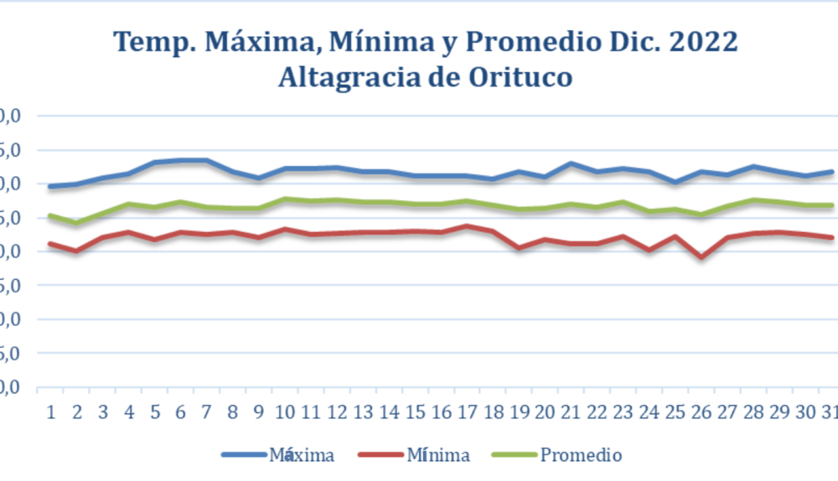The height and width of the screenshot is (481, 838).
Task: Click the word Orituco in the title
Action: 520,77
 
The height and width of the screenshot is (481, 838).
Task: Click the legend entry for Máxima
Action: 302,455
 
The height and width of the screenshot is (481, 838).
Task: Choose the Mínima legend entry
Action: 437,455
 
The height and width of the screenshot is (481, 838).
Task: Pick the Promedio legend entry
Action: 581,455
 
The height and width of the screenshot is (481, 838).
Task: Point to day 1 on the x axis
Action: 51,412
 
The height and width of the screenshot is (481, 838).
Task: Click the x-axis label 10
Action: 285,412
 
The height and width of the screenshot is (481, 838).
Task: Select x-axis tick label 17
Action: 467,412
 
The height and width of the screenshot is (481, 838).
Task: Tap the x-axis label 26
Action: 701,412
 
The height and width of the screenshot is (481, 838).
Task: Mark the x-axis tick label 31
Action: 829,412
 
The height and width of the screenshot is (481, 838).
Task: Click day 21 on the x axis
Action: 571,412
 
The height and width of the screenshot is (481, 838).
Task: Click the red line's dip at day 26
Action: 701,256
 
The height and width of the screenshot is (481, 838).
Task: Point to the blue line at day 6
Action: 181,160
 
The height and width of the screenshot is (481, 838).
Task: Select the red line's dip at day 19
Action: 519,247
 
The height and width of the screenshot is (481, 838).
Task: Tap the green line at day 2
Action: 77,223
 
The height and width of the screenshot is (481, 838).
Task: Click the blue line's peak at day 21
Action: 571,163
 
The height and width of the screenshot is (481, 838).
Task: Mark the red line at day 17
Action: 467,226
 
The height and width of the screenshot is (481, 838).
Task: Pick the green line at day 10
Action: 285,199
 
